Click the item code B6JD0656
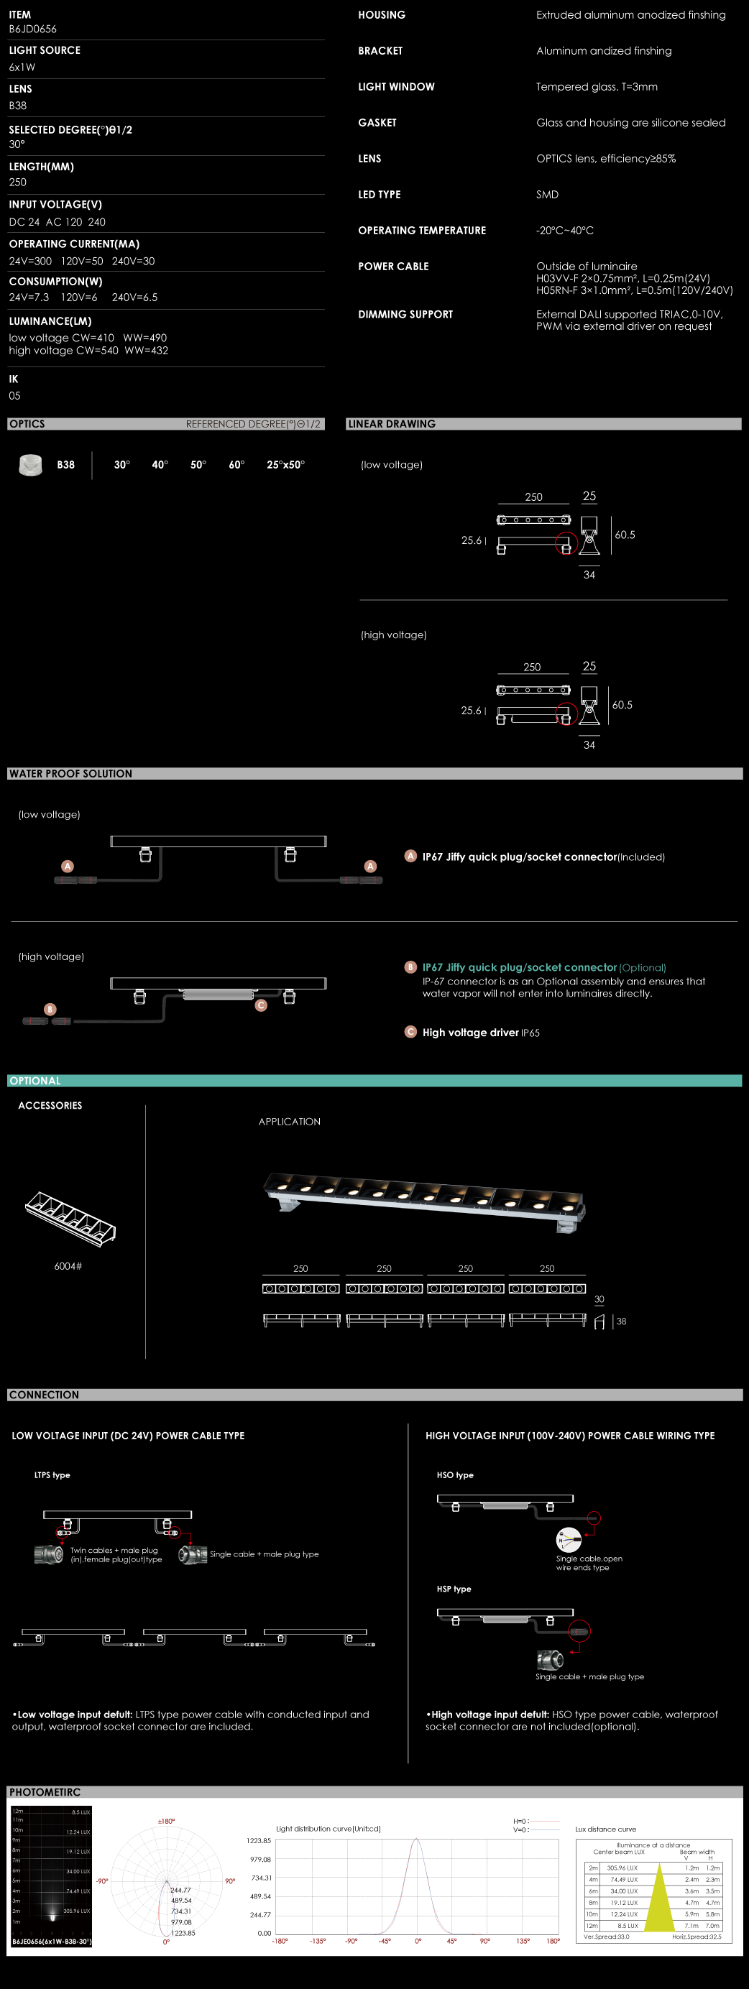point(32,29)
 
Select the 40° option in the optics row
point(160,465)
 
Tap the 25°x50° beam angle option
point(285,465)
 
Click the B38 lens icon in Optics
point(30,465)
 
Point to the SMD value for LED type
point(548,195)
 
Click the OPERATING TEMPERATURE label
point(422,231)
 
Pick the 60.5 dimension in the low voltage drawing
point(625,535)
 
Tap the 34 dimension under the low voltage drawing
point(589,576)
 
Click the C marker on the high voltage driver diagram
point(261,1005)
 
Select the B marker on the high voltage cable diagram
point(50,1009)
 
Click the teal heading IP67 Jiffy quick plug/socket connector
point(519,967)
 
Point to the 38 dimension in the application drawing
point(622,1322)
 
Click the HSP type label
point(454,1589)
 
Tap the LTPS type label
point(52,1475)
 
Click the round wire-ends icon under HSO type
point(569,1541)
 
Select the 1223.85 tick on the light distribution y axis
point(259,1841)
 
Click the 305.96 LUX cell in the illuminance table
point(622,1868)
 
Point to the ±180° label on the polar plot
point(166,1822)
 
